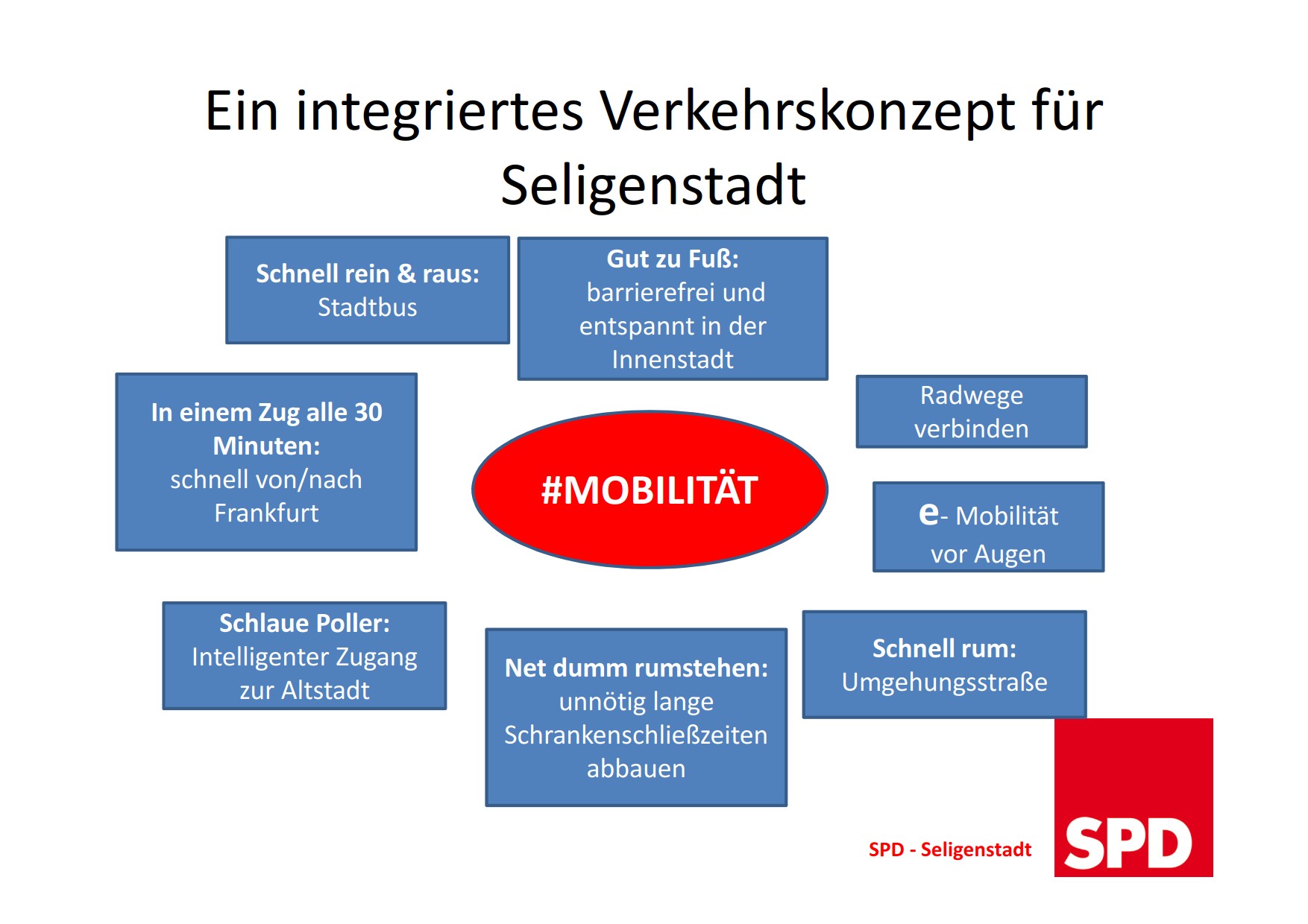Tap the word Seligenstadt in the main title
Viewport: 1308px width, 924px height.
(653, 185)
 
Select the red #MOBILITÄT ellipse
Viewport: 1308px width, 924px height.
(650, 490)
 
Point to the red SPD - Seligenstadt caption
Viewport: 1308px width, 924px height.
(950, 849)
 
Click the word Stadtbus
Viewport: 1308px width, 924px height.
(368, 307)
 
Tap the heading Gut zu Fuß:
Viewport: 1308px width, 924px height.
(673, 259)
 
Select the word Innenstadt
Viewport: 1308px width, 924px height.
(673, 360)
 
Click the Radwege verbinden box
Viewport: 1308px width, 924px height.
(972, 411)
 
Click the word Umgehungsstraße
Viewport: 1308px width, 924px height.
(945, 682)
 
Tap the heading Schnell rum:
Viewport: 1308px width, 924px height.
(945, 648)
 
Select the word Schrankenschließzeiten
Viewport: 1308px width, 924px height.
(636, 735)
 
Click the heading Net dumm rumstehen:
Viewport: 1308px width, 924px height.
(636, 668)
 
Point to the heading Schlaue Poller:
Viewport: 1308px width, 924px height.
(304, 623)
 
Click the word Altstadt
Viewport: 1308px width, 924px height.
(326, 690)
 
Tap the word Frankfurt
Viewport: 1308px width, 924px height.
(266, 513)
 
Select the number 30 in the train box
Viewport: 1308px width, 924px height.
(368, 412)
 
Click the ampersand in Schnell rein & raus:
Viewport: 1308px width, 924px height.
(406, 273)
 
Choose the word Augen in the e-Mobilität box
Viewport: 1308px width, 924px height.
(1010, 555)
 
